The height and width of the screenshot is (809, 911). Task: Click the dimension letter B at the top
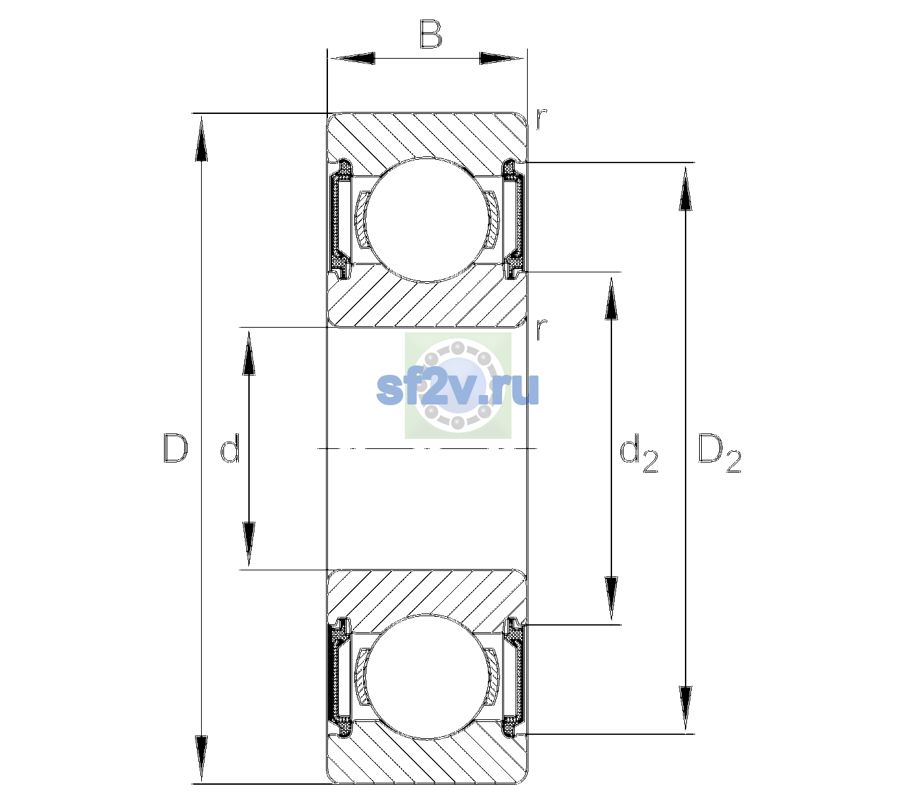[x=431, y=34]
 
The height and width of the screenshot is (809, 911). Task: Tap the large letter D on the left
[x=175, y=448]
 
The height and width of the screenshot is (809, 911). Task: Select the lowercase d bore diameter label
[x=229, y=448]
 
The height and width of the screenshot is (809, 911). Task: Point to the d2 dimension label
[x=638, y=453]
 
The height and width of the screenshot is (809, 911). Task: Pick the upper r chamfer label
[x=542, y=119]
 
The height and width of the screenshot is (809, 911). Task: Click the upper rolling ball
[x=426, y=220]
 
